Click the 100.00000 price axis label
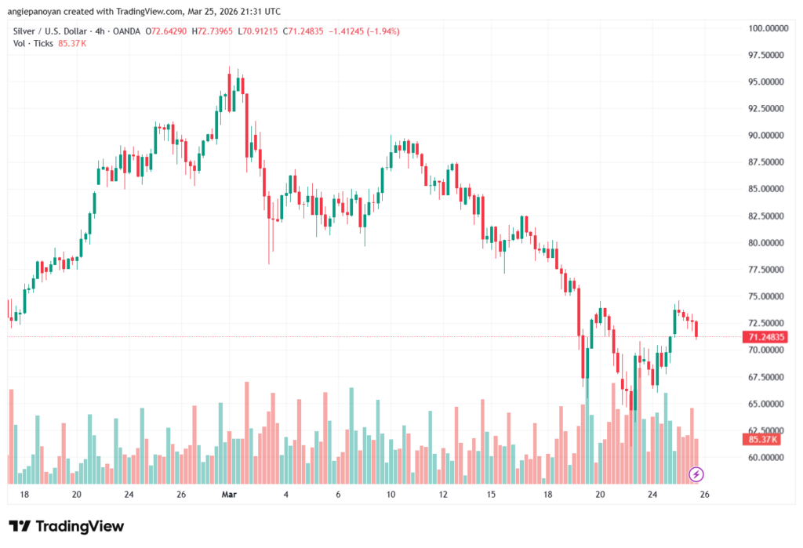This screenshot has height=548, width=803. coord(767,28)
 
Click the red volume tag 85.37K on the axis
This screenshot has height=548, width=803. coord(764,440)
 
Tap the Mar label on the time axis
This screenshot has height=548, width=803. coord(229,495)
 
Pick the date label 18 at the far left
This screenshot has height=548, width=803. coord(24,495)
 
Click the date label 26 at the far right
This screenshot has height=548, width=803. coord(704,495)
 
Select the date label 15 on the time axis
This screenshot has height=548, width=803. coord(491,495)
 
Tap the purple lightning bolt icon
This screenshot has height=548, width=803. coord(696,474)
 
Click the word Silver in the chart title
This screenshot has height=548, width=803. coord(25,31)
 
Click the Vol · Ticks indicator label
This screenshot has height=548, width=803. coord(34,43)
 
